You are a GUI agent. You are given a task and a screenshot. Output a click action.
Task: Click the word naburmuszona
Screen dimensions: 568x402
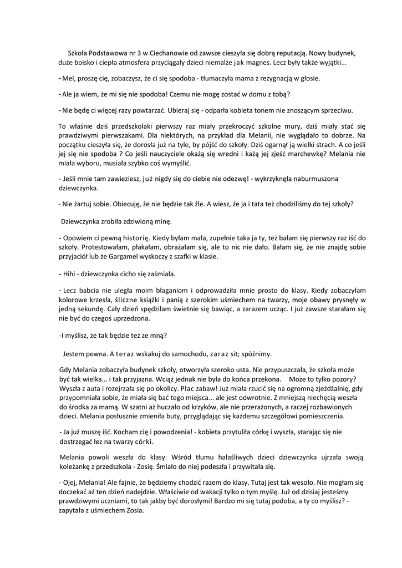pos(305,179)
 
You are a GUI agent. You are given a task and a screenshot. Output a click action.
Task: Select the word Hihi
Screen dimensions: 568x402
pos(70,274)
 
